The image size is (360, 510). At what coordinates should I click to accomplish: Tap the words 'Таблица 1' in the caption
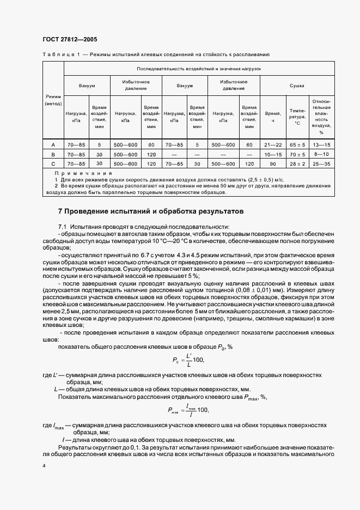[60, 54]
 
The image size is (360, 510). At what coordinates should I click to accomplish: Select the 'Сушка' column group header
[297, 86]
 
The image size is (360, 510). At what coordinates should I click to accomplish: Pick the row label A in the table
[53, 145]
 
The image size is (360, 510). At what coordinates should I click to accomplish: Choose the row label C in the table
[53, 163]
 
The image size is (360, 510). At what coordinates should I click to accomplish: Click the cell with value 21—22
[272, 145]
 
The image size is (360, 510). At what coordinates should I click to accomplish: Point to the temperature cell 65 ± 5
[297, 145]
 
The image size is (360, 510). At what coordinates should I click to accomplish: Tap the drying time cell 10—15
[272, 154]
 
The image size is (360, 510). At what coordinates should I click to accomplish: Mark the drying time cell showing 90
[272, 163]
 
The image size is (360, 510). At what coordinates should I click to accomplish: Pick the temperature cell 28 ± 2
[297, 163]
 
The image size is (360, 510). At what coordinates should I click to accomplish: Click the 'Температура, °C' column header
[297, 116]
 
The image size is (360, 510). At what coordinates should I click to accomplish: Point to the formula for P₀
[180, 359]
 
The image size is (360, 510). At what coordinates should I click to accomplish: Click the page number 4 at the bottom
[44, 465]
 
